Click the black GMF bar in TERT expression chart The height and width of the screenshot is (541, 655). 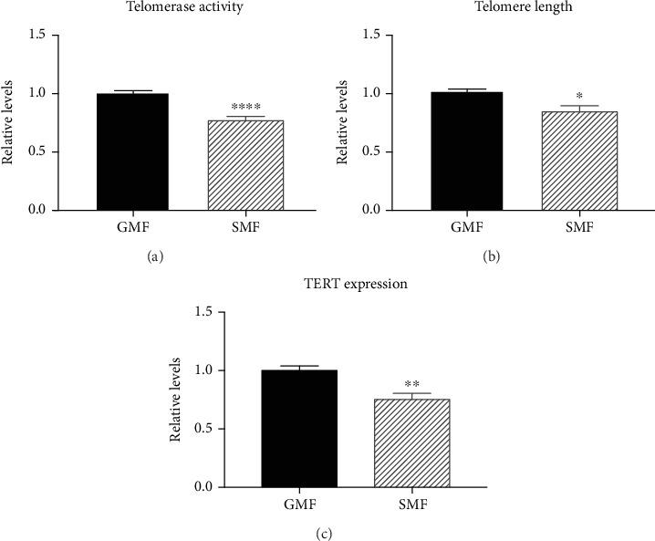point(300,428)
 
